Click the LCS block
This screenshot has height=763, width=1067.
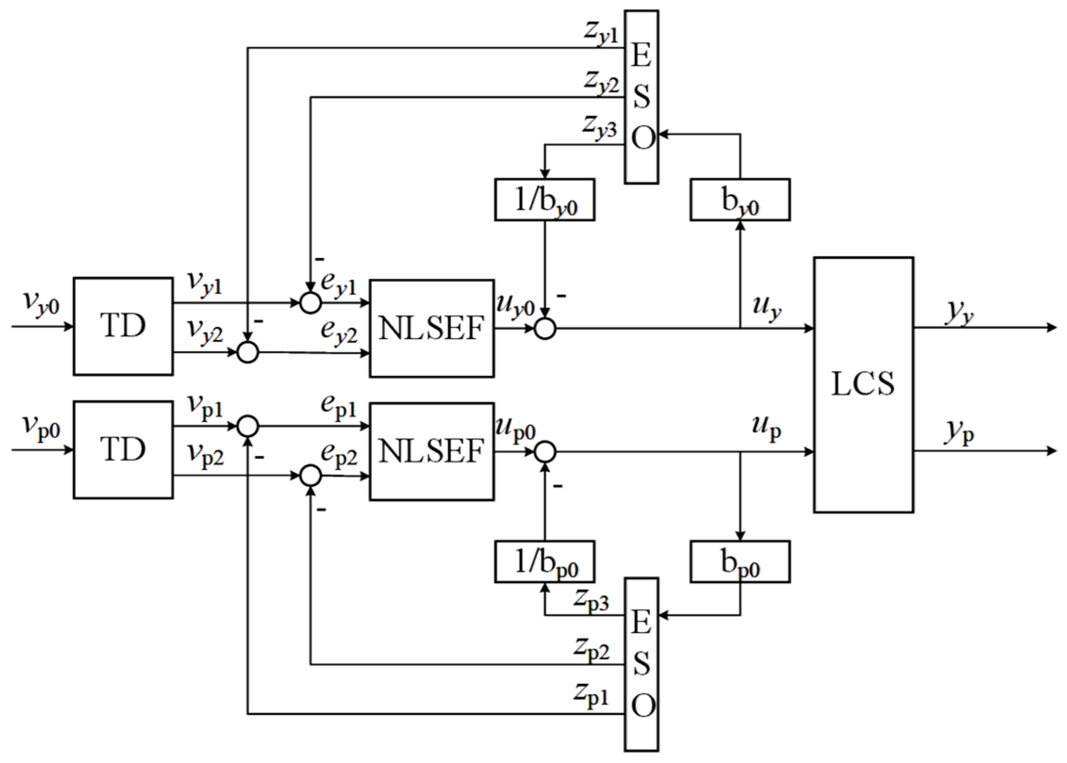tap(863, 384)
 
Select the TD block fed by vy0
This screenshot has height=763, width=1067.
tap(123, 326)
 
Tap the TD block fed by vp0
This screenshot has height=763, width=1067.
tap(123, 449)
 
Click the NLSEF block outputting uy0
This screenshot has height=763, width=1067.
tap(431, 328)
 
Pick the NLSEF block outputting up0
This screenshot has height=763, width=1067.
tap(431, 451)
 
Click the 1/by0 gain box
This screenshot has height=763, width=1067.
tap(544, 200)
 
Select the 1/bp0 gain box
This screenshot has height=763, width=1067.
tap(544, 561)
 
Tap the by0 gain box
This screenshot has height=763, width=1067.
tap(740, 200)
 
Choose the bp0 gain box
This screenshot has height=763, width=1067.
tap(740, 561)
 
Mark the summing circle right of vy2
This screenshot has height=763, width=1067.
tap(247, 352)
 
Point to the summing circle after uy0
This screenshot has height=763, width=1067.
tap(545, 328)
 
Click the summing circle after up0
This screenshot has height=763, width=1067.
tap(545, 452)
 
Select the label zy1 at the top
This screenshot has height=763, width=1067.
tap(600, 34)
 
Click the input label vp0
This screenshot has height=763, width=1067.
tap(41, 427)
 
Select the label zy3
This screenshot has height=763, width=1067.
tap(599, 126)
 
